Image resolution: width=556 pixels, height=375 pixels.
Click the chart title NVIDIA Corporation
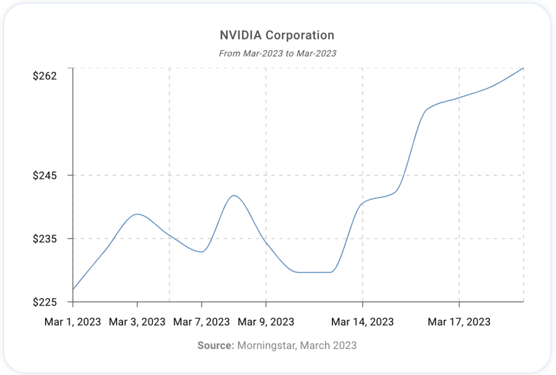coord(277,36)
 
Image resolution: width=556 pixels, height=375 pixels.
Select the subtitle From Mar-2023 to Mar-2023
coord(277,53)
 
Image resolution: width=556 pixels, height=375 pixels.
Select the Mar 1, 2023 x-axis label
coord(73,322)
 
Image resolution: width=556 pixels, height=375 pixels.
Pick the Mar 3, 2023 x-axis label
coord(137,322)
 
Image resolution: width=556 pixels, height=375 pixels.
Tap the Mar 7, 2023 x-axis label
coord(201,322)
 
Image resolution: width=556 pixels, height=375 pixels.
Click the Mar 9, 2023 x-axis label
coord(266,322)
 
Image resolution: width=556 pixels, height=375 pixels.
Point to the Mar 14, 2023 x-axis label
coord(363,322)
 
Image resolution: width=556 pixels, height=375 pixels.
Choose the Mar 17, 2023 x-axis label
coord(459,322)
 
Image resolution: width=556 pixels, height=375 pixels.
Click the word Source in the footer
coord(215,345)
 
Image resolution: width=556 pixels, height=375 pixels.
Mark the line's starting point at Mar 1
coord(73,289)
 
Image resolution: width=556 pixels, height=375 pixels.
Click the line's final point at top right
coord(523,68)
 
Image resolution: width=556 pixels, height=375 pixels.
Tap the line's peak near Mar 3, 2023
coord(137,214)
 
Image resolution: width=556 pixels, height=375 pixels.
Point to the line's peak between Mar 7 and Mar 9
coord(233,195)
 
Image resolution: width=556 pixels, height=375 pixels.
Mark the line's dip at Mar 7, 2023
coord(201,252)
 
